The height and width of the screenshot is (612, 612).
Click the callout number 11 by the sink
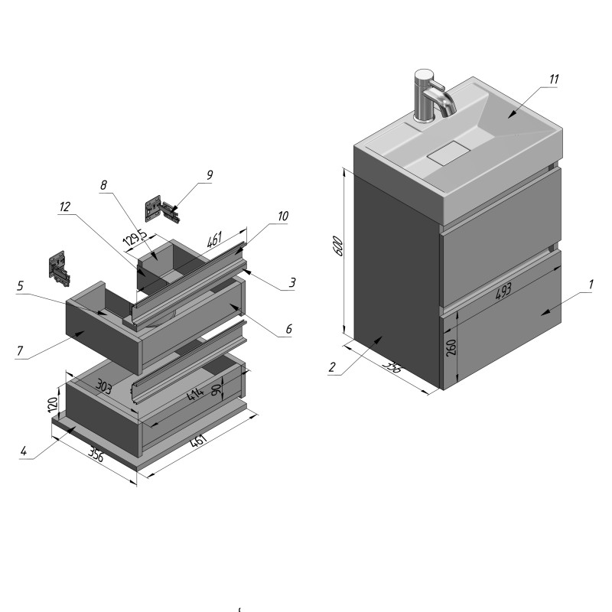pyautogui.click(x=554, y=80)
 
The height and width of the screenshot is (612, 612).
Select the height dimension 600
pyautogui.click(x=339, y=246)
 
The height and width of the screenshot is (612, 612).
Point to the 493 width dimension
pyautogui.click(x=503, y=291)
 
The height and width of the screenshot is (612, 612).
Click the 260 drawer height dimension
pyautogui.click(x=451, y=347)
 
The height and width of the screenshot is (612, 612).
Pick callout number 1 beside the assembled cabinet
pyautogui.click(x=591, y=285)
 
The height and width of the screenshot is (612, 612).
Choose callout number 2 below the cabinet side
pyautogui.click(x=332, y=367)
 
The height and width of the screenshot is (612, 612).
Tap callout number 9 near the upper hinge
pyautogui.click(x=210, y=175)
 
